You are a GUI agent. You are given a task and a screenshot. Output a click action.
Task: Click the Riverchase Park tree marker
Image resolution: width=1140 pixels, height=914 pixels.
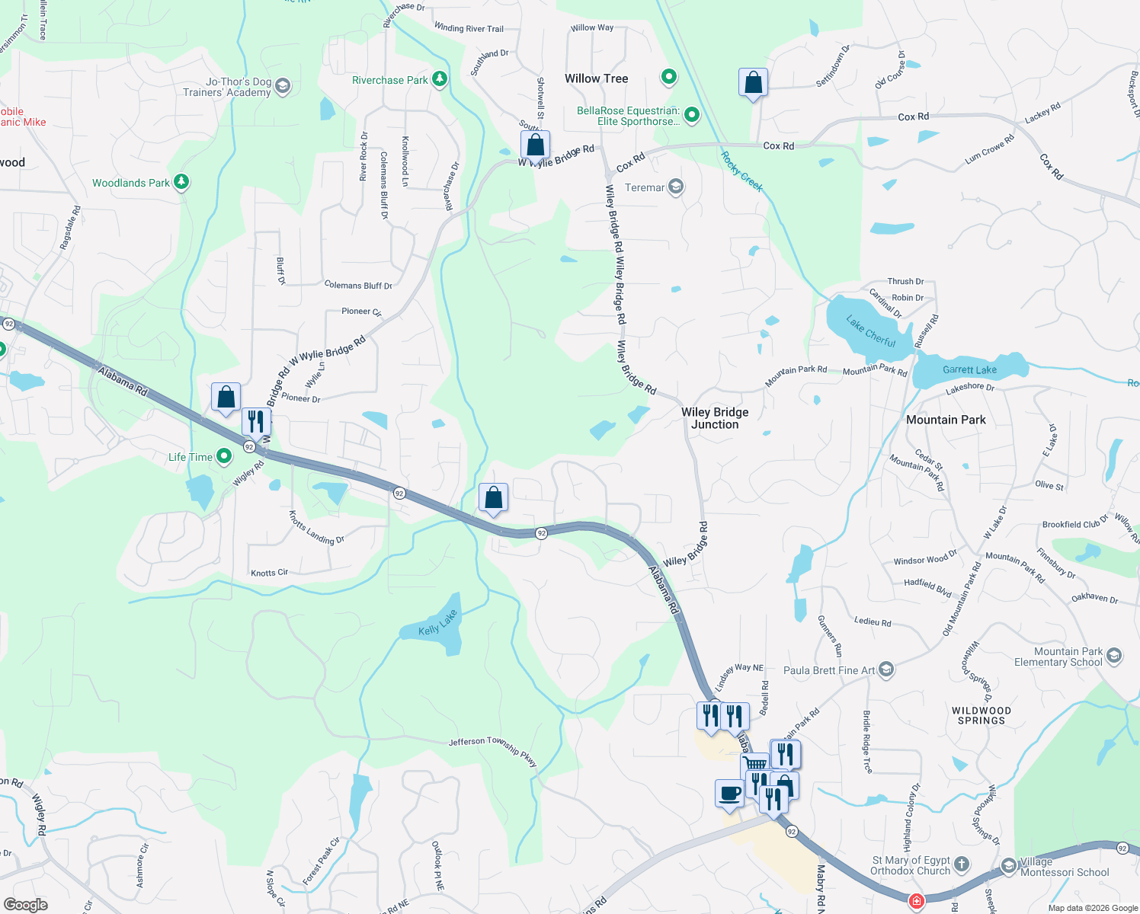439,79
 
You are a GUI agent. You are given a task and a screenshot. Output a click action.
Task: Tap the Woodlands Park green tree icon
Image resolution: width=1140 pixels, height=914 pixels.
181,182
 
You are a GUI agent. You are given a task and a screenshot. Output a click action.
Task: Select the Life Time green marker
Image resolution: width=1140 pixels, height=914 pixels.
224,456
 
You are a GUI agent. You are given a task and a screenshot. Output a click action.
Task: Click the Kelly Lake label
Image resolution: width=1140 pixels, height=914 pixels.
438,623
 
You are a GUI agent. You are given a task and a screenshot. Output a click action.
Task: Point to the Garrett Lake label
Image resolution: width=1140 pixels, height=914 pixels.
969,370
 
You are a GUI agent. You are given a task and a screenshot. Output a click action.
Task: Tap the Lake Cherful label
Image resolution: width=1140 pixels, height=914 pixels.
871,332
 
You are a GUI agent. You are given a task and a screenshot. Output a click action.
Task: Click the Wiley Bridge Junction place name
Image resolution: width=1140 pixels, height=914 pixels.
715,418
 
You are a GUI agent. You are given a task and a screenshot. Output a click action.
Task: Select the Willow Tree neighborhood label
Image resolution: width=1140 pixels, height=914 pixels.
596,78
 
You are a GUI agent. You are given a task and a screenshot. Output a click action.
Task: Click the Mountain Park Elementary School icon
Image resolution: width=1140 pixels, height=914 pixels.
1114,656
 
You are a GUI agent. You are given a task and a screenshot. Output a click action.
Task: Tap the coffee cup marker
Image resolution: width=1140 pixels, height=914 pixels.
729,793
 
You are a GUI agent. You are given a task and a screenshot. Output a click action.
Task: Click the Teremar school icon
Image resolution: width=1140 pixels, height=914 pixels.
675,187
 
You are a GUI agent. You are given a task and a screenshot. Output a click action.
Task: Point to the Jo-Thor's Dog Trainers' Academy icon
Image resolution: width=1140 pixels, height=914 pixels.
283,85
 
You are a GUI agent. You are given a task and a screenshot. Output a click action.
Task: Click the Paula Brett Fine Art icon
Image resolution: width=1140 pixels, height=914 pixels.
885,670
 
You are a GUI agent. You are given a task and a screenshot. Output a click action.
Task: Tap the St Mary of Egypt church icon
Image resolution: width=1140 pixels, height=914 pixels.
962,864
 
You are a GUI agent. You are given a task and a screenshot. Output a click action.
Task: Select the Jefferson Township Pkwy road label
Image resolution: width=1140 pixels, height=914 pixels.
493,750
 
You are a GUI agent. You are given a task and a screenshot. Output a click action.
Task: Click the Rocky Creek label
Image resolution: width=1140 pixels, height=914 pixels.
741,171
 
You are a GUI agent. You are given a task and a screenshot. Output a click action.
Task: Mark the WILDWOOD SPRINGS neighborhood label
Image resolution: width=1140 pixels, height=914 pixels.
981,715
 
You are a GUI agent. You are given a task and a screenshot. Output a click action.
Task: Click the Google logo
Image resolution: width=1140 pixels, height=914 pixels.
26,904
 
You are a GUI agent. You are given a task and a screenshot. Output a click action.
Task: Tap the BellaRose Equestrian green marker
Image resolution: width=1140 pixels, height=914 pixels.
692,115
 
